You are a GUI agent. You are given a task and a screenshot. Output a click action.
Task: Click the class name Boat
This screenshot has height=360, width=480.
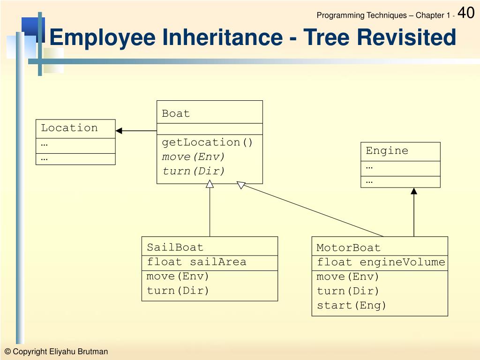[x=176, y=113]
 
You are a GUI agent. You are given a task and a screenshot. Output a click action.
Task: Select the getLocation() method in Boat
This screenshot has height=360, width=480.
[x=207, y=142]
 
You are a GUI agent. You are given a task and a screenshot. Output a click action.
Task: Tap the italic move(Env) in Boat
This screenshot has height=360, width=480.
[x=194, y=157]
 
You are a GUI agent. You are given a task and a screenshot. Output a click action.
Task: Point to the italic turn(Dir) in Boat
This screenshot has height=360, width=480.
[x=194, y=171]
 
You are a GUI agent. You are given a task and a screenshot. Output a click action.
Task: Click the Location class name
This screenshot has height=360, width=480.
[x=69, y=128]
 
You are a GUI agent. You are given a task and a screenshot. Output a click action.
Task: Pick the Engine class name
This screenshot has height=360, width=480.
[x=387, y=151]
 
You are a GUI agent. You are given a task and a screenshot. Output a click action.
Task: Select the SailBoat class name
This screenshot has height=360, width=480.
[x=175, y=247]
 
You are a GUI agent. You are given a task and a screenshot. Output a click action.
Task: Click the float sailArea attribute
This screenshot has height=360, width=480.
[x=196, y=262]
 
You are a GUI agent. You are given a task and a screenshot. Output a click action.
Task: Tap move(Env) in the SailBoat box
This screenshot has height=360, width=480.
[x=178, y=276]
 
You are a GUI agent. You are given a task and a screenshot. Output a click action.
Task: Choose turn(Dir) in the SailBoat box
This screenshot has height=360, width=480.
[x=178, y=291]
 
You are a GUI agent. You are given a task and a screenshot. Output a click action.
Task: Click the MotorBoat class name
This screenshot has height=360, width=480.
[x=348, y=247]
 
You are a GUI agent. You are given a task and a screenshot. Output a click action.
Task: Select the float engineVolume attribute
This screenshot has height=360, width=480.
[x=381, y=262]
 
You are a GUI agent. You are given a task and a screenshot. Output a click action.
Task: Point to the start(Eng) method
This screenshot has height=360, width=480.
[x=352, y=306]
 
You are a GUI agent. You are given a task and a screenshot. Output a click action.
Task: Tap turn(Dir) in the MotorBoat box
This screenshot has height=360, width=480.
[x=348, y=291]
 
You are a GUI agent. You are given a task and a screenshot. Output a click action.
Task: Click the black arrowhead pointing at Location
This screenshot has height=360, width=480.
[x=119, y=131]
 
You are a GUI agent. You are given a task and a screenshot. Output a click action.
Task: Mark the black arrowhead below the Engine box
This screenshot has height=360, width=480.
[x=414, y=191]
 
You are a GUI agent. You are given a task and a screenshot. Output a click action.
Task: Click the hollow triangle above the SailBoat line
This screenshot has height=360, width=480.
[x=210, y=184]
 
